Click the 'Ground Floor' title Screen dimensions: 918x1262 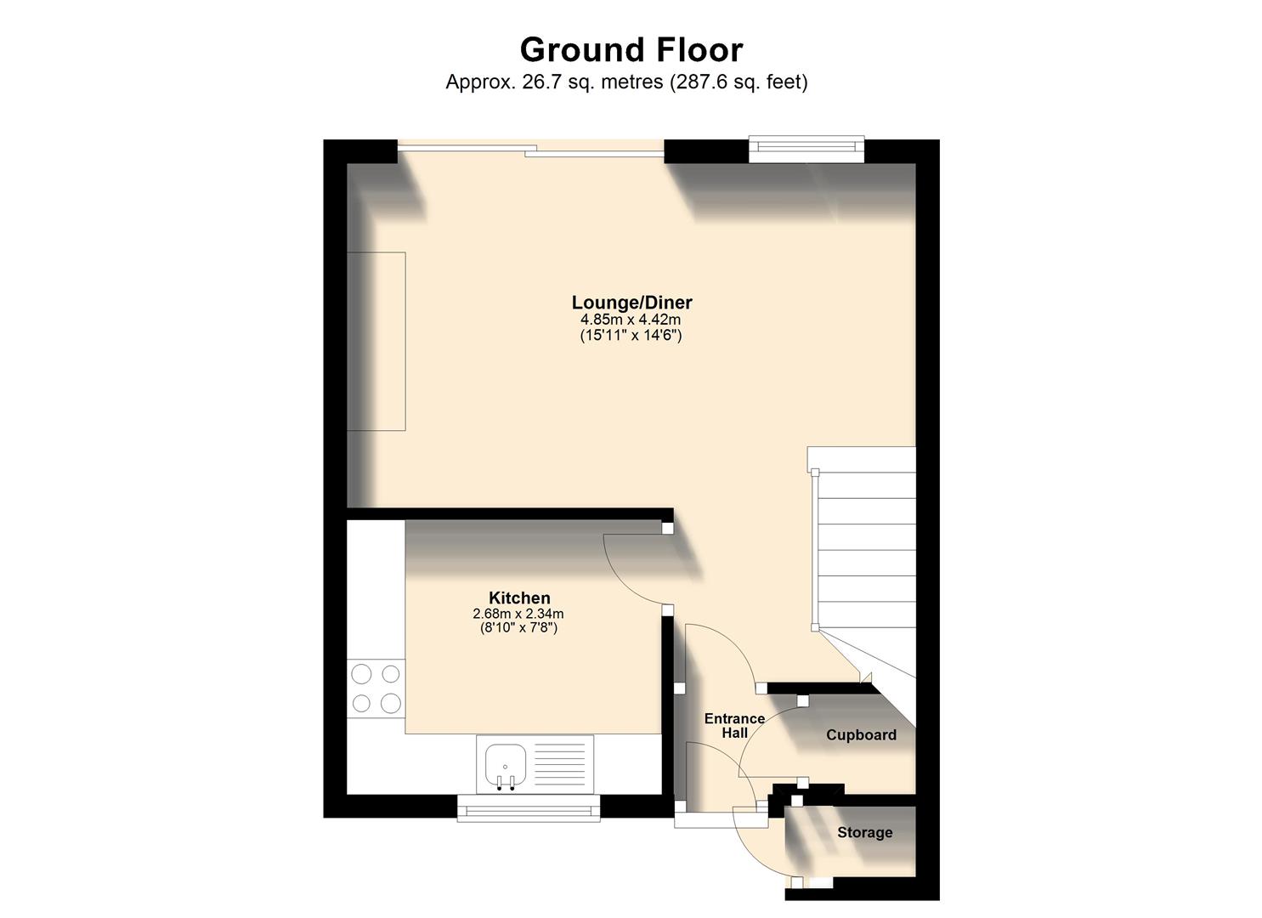631,50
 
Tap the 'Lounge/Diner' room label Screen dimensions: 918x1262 631,303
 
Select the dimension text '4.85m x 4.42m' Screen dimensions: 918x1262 631,320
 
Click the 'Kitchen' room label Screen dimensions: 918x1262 518,598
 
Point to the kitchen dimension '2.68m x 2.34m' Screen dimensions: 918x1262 518,614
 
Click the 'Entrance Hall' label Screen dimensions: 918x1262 734,726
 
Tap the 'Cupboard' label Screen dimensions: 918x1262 861,735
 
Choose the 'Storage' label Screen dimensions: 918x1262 864,833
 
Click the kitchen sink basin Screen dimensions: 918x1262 506,762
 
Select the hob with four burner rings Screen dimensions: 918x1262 376,689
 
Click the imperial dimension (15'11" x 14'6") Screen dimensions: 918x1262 631,335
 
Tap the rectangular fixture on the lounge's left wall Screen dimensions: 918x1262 376,341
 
